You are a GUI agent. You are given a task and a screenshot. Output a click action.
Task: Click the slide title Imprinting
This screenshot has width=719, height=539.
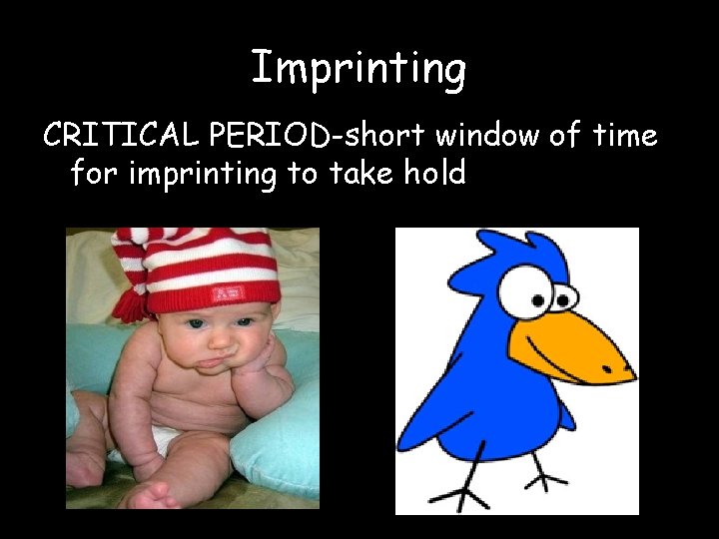359,68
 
